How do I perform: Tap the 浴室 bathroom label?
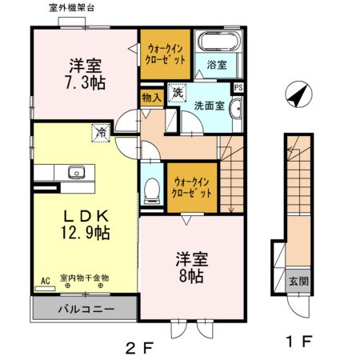(x=217, y=63)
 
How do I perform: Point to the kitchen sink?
(x=77, y=170)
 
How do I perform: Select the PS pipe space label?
(x=238, y=88)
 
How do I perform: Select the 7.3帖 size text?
(x=85, y=80)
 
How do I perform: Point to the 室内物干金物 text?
(x=85, y=278)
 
